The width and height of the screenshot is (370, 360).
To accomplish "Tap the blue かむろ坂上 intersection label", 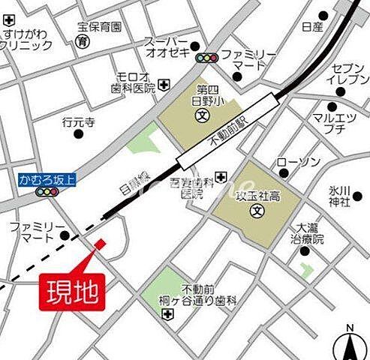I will (47, 178).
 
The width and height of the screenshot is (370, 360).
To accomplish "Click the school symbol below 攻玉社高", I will (256, 208).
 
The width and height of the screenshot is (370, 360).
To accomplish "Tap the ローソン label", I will (299, 162).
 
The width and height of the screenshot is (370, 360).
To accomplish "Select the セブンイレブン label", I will (350, 74).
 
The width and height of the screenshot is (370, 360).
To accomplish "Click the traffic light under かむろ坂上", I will (47, 192).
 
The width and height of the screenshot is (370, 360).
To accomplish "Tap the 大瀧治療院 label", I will (308, 234).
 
